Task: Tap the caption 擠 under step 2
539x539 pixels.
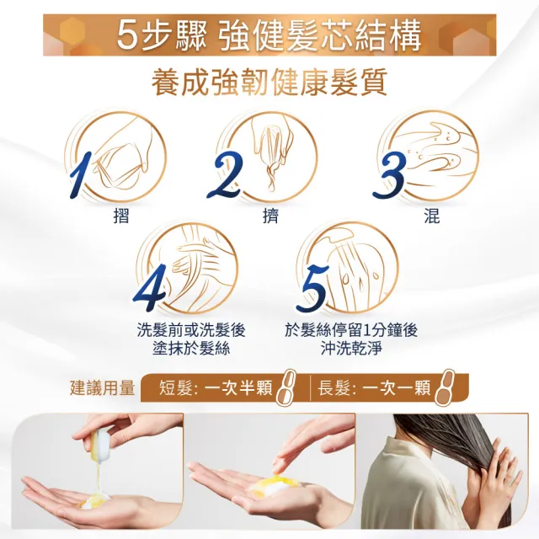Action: (270, 216)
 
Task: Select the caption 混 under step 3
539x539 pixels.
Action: (431, 216)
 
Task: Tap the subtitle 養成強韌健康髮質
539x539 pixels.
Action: (269, 83)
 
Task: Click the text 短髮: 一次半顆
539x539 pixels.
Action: (216, 388)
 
